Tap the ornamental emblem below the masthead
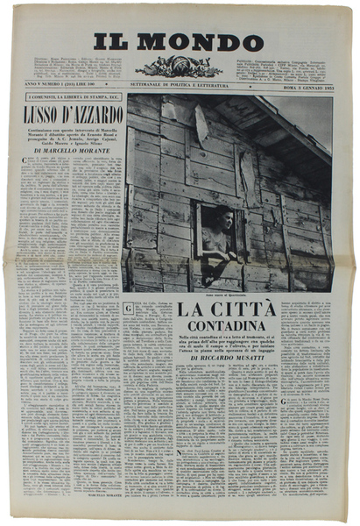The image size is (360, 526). pyautogui.click(x=179, y=67)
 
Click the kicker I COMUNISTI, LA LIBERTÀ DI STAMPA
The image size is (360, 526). pyautogui.click(x=70, y=96)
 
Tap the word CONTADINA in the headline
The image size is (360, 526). pyautogui.click(x=228, y=327)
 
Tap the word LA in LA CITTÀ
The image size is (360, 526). pyautogui.click(x=194, y=309)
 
